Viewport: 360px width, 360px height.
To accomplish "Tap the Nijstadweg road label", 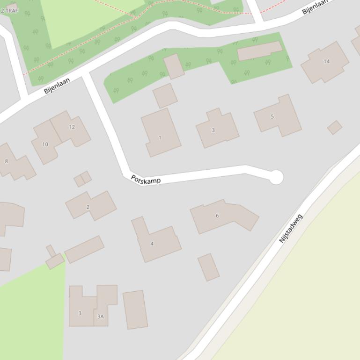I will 291,228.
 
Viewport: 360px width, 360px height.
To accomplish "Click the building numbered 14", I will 325,62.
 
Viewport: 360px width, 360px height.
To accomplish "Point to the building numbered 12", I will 71,128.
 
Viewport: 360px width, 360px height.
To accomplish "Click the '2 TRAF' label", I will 9,10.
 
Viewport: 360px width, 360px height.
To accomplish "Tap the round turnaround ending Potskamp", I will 276,177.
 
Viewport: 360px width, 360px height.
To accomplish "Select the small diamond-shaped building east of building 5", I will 334,127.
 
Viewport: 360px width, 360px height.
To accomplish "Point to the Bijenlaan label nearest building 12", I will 57,86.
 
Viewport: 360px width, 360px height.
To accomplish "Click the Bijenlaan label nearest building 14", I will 314,7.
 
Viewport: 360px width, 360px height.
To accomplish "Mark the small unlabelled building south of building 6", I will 208,267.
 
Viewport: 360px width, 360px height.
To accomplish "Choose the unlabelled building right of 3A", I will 135,310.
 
